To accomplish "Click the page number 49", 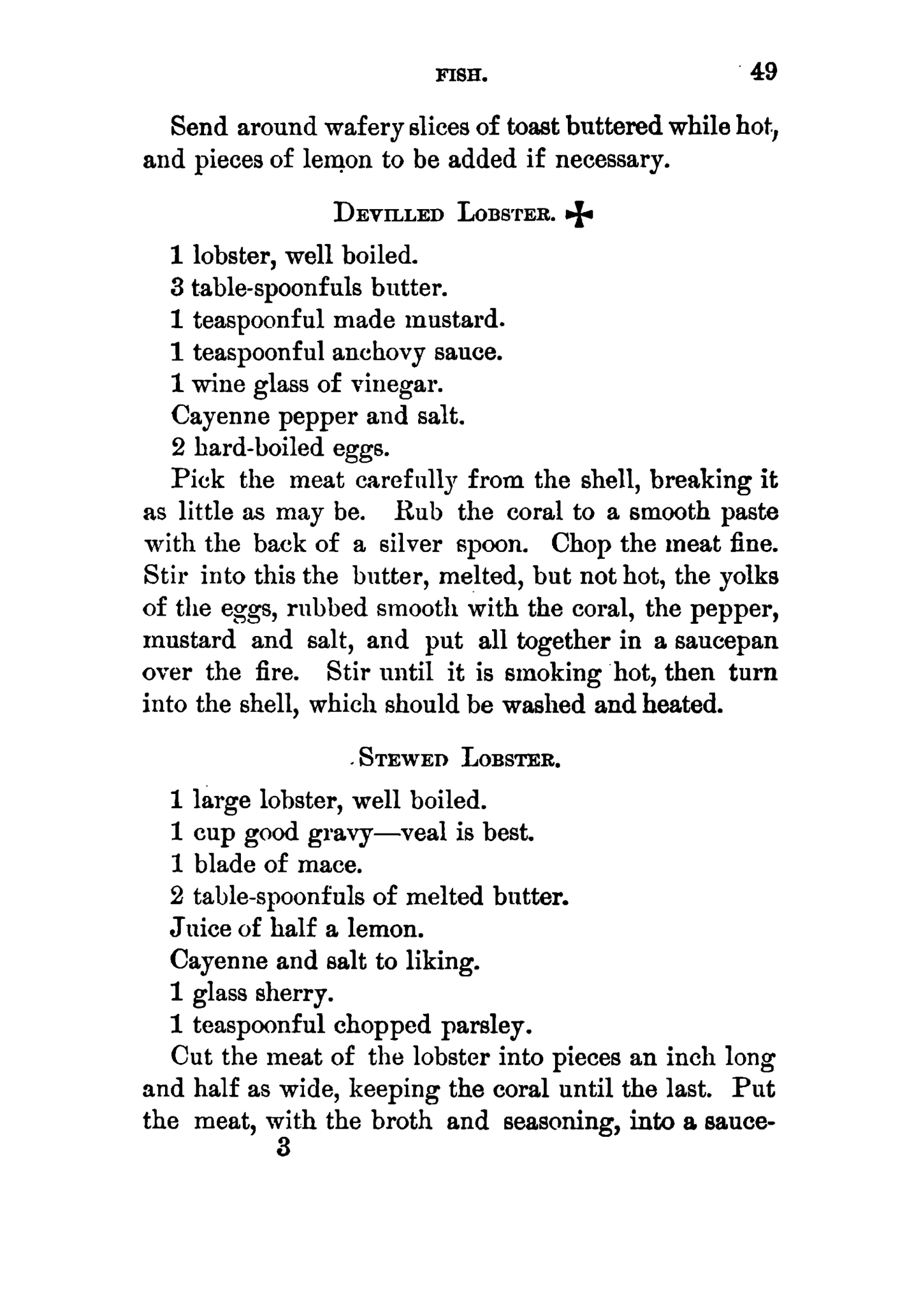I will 764,71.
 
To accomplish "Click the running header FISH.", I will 461,76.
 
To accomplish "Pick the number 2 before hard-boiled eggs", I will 178,448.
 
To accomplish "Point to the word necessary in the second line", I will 613,159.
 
